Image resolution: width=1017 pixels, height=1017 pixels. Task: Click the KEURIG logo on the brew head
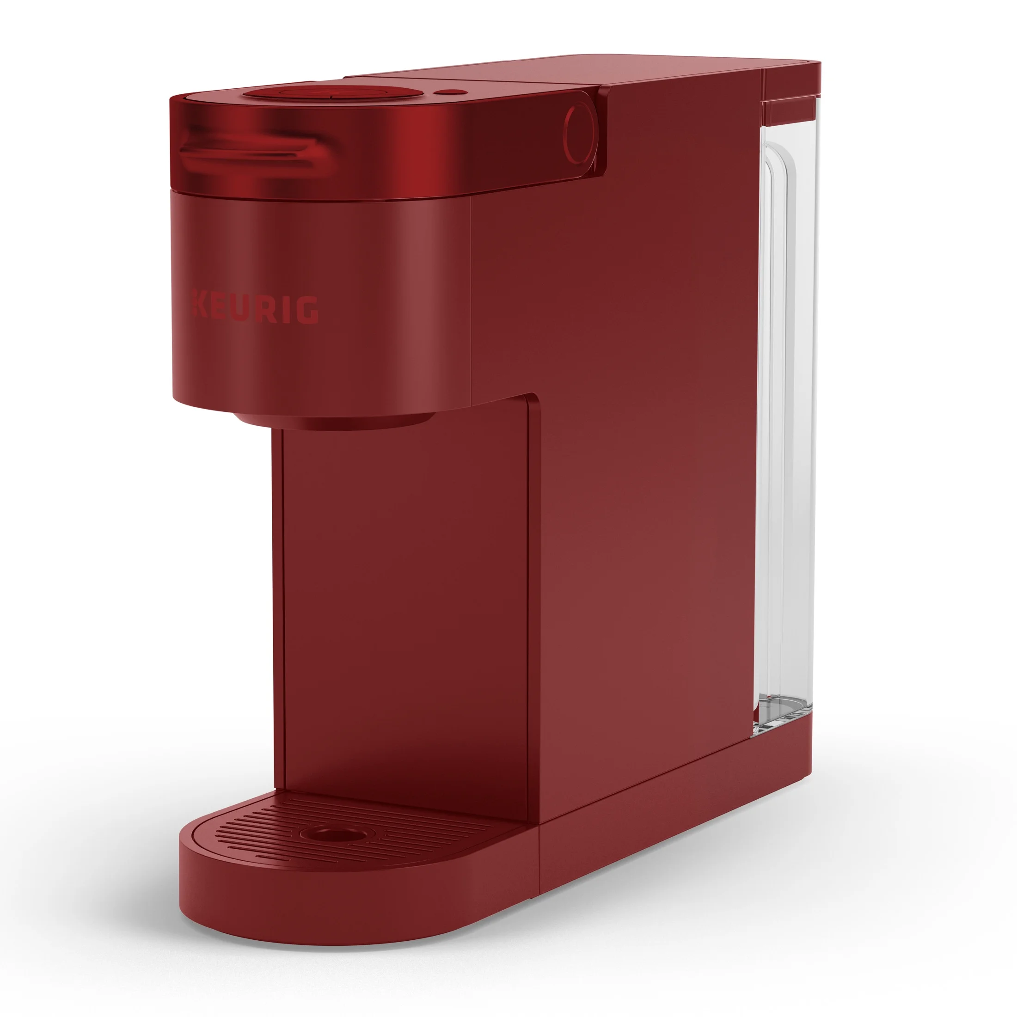coord(254,306)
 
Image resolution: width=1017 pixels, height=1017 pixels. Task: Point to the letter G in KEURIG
coord(307,310)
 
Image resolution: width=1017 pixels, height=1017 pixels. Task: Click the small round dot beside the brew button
coord(446,92)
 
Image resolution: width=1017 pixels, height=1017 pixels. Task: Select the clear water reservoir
coord(784,410)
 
